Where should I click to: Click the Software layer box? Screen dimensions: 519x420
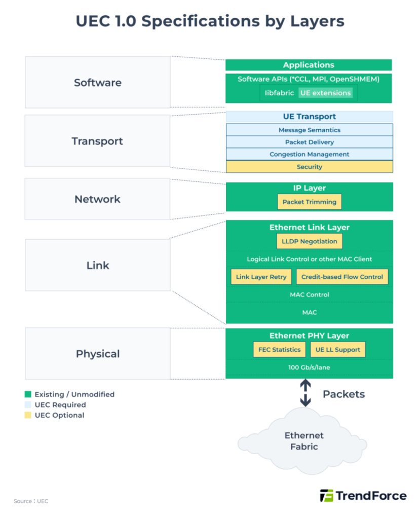pos(98,82)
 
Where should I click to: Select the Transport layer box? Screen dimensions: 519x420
pos(98,141)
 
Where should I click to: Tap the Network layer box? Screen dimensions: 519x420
pos(98,199)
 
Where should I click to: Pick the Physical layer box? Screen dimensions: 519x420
pos(98,353)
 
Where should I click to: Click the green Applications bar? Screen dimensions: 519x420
pos(309,65)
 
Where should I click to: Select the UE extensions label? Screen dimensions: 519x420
pos(325,93)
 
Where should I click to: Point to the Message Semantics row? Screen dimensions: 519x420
pos(309,130)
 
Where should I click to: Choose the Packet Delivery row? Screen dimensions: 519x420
pos(309,142)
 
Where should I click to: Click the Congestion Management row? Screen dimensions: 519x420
pos(309,154)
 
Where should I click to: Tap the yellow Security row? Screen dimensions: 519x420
pos(309,166)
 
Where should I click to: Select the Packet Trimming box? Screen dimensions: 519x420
pos(309,202)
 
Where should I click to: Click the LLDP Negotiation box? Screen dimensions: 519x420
pos(309,241)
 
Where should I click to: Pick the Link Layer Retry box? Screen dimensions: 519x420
pos(261,277)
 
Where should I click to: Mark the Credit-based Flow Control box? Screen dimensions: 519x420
pos(342,277)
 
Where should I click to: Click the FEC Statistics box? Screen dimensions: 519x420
pos(279,349)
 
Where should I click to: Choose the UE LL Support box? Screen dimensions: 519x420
pos(337,349)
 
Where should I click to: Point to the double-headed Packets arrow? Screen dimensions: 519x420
pos(305,393)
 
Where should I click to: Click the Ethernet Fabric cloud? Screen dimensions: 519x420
pos(304,440)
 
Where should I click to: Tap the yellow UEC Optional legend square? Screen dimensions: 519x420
pos(28,415)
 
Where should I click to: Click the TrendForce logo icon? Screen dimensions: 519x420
pos(326,495)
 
